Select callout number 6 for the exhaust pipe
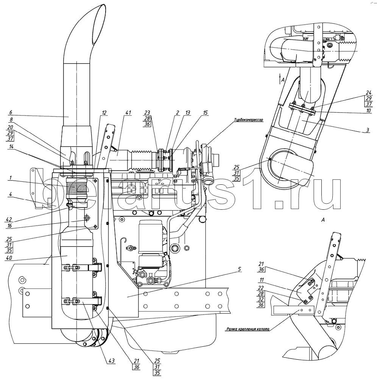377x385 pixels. (x=10, y=112)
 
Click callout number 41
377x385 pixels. (x=128, y=112)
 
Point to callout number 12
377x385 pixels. (x=104, y=112)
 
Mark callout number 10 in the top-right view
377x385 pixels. (x=368, y=111)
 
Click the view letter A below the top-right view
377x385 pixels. (x=322, y=219)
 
